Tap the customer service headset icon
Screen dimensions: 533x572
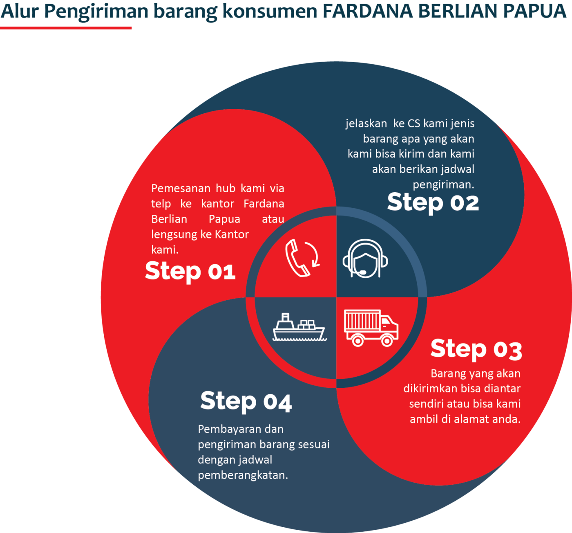coord(365,259)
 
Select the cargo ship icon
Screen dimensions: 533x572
coord(299,328)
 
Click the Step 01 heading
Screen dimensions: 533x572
coord(190,271)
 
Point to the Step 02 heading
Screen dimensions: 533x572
coord(433,202)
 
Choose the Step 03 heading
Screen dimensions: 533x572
coord(476,349)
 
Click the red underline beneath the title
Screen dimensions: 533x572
coord(66,28)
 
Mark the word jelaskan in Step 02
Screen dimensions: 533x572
coord(366,123)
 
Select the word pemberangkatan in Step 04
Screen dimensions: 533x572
coord(243,475)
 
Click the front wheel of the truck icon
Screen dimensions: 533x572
coord(387,340)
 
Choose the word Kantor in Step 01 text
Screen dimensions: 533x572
coord(232,234)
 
